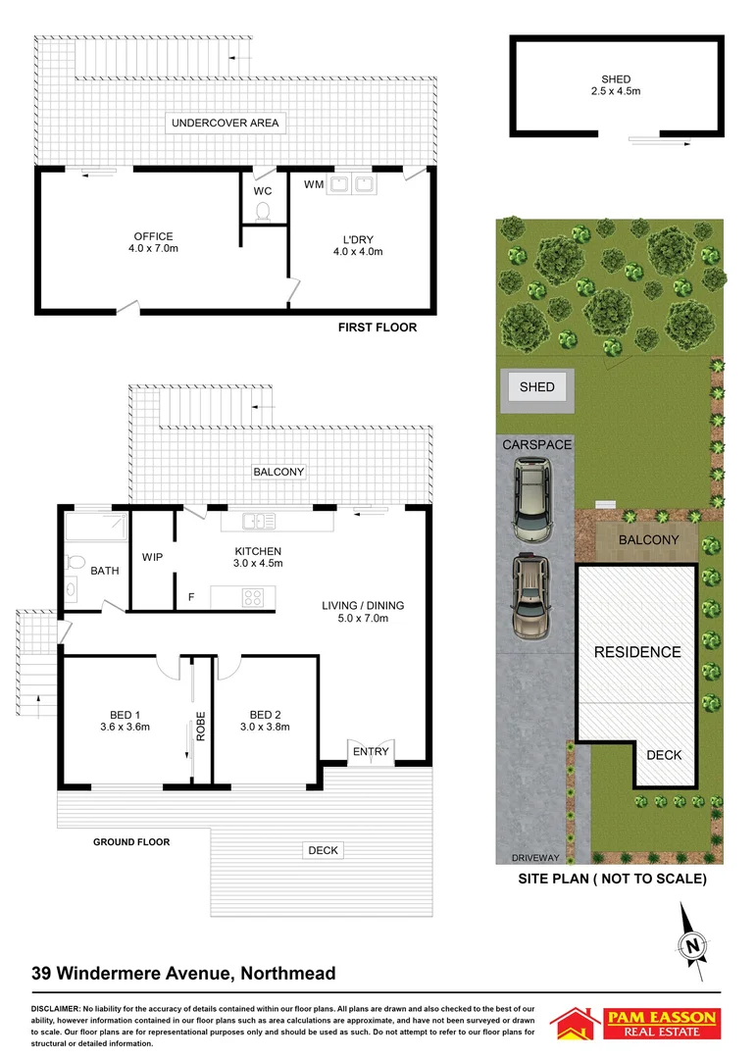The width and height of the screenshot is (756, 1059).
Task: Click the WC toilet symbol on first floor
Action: [262, 211]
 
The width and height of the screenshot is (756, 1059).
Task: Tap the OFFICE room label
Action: [154, 242]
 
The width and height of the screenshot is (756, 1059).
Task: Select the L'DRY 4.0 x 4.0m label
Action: [357, 245]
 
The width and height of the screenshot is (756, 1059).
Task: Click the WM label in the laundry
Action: [314, 184]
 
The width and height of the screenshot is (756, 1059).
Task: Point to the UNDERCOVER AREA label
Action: [225, 124]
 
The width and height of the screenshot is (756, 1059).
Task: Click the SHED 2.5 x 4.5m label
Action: [616, 85]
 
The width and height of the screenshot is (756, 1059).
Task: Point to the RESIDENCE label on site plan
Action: [637, 652]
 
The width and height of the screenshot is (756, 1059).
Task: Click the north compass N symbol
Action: [693, 945]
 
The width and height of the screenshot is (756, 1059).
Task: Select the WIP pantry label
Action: [153, 557]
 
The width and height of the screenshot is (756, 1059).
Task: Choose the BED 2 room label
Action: [265, 720]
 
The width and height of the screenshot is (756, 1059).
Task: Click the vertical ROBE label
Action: [200, 725]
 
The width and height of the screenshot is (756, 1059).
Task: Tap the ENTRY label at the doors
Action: [371, 752]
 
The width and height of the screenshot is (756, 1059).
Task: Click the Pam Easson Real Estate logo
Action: [635, 1024]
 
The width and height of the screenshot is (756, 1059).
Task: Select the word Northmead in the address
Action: [284, 974]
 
